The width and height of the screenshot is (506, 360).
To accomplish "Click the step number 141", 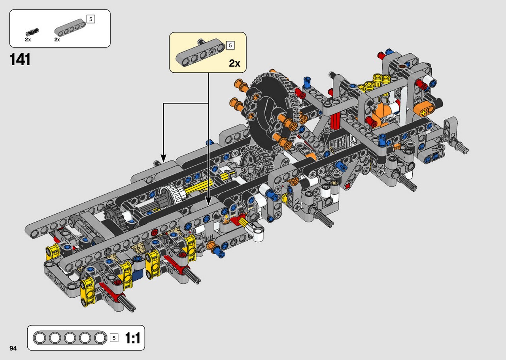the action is point(20,60).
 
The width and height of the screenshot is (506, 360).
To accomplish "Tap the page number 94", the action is point(13,348).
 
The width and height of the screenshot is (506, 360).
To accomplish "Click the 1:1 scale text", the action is point(132,338).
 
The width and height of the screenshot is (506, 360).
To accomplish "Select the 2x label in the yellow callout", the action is point(234,63).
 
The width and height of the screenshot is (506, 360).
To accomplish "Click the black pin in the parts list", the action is point(32,32).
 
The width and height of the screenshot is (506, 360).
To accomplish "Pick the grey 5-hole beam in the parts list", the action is point(70,28).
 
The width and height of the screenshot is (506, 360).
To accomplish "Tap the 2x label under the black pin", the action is point(28,40).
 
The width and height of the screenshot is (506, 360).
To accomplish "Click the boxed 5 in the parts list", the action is point(91,19).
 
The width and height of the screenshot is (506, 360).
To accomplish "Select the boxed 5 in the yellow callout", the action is point(230,45).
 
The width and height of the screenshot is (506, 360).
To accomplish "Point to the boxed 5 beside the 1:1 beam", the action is point(114,338).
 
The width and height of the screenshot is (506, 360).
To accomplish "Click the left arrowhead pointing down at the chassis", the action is point(163,158).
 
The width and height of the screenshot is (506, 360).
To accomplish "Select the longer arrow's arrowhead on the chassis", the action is point(208,201).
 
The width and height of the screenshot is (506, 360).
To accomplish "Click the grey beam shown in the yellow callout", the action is point(200,52).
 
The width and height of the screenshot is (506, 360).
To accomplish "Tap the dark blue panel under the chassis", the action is point(138,275).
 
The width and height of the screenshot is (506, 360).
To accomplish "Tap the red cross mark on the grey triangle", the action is point(347,186).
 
